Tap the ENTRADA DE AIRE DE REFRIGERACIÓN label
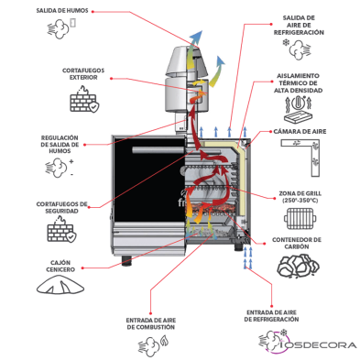[x=270, y=315]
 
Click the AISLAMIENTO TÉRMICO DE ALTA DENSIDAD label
[x=300, y=83]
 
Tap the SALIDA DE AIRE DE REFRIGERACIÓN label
[x=301, y=24]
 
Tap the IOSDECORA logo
[x=305, y=344]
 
